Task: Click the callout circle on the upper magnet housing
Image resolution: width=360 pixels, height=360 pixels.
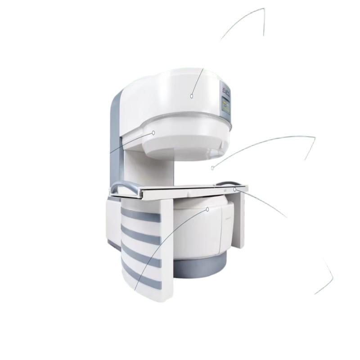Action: coord(192,96)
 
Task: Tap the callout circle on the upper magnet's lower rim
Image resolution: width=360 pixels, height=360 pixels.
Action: coord(153,133)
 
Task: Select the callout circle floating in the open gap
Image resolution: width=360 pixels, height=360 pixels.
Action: coord(212,168)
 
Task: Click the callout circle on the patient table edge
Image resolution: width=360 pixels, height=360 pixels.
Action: coord(235,189)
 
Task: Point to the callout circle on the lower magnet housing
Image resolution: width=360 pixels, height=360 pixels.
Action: coord(208,209)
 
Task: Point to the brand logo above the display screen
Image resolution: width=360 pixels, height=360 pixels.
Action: coord(225,93)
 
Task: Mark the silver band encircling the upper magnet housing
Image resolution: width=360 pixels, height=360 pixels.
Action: coord(180,116)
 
